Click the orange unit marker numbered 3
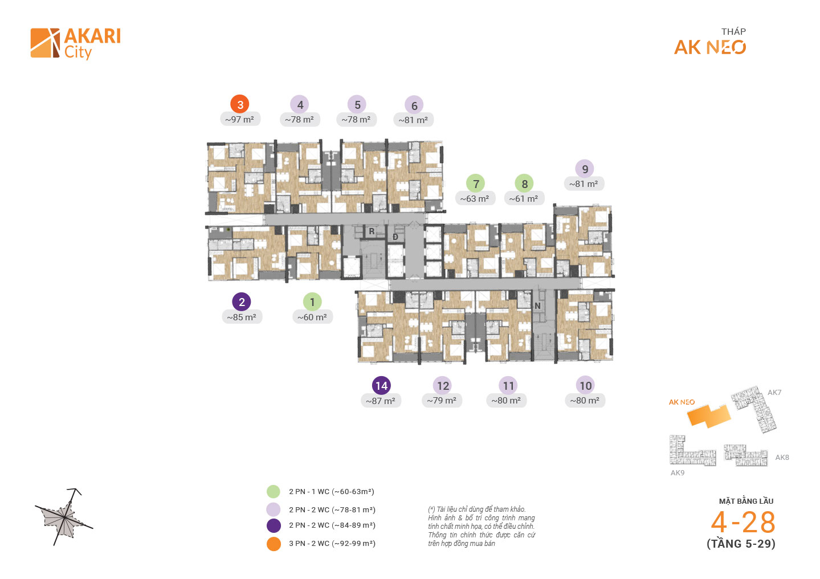tap(240, 104)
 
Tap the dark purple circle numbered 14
tap(381, 386)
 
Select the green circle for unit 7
tap(476, 184)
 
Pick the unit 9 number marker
tap(585, 169)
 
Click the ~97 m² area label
tap(239, 120)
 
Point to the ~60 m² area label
tap(312, 317)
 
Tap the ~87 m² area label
tap(381, 401)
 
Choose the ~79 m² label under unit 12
tap(442, 401)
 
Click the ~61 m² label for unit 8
tap(524, 199)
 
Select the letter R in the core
tap(372, 231)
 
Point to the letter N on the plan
tap(537, 306)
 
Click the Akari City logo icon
tap(45, 43)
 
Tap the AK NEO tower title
tap(710, 47)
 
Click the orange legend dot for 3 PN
tap(274, 544)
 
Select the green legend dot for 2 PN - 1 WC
tap(274, 491)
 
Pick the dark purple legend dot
tap(274, 525)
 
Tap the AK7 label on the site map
tap(774, 392)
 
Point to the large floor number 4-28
tap(743, 521)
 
